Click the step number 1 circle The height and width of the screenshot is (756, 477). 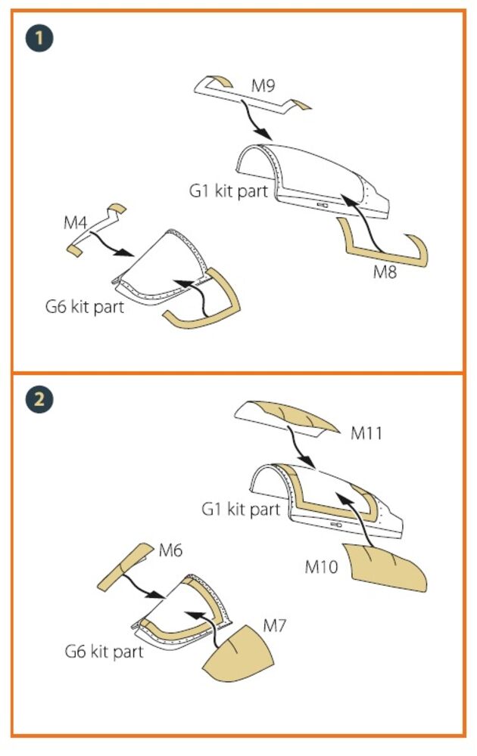(x=39, y=38)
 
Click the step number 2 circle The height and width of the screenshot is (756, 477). (x=39, y=398)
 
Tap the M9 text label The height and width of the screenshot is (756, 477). (x=263, y=86)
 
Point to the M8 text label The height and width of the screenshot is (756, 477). (x=385, y=272)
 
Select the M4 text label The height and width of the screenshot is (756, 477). (x=75, y=223)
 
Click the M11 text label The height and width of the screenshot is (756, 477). (x=366, y=433)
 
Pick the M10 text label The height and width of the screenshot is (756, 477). (x=322, y=566)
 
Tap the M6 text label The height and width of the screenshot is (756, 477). (x=171, y=550)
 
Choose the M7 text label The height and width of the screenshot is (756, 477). (x=275, y=626)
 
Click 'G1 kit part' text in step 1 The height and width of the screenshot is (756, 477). (x=229, y=191)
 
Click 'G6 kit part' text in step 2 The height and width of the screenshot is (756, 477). (x=104, y=652)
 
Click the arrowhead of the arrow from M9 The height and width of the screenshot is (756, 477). (x=264, y=132)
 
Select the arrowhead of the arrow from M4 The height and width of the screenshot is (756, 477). (x=127, y=253)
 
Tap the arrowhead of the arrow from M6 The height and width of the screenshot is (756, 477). (x=159, y=595)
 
